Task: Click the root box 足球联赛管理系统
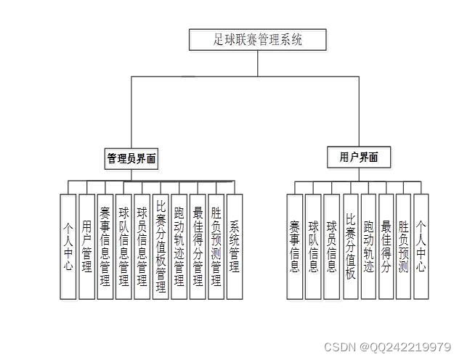click(258, 39)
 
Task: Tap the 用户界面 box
click(358, 156)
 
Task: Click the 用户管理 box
click(86, 246)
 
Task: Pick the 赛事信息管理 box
click(105, 246)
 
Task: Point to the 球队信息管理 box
click(124, 246)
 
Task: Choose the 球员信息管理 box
click(142, 246)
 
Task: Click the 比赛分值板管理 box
click(161, 246)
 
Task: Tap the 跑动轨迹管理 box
click(179, 246)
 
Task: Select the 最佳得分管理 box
click(198, 246)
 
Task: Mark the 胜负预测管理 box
click(216, 246)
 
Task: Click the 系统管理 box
click(234, 246)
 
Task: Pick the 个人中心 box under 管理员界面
click(68, 246)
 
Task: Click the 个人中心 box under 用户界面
click(421, 246)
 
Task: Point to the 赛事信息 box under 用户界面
click(294, 246)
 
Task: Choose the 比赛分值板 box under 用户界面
click(350, 246)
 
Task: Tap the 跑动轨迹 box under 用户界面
click(368, 246)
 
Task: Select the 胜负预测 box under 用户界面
click(404, 246)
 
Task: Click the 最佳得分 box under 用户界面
click(386, 246)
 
